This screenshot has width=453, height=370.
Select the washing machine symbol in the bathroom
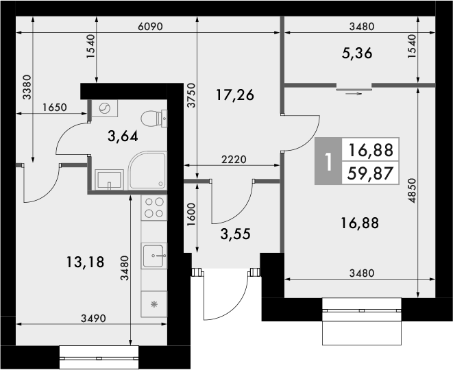click(x=105, y=109)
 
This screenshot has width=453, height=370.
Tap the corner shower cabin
click(x=147, y=171)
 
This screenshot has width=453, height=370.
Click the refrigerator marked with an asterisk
click(x=154, y=304)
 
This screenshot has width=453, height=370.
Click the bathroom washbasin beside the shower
click(x=108, y=180)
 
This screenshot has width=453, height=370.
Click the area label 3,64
click(x=123, y=135)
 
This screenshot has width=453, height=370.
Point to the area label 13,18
click(x=86, y=261)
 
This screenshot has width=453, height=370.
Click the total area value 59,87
click(x=370, y=173)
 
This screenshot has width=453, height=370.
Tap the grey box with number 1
click(x=328, y=162)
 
